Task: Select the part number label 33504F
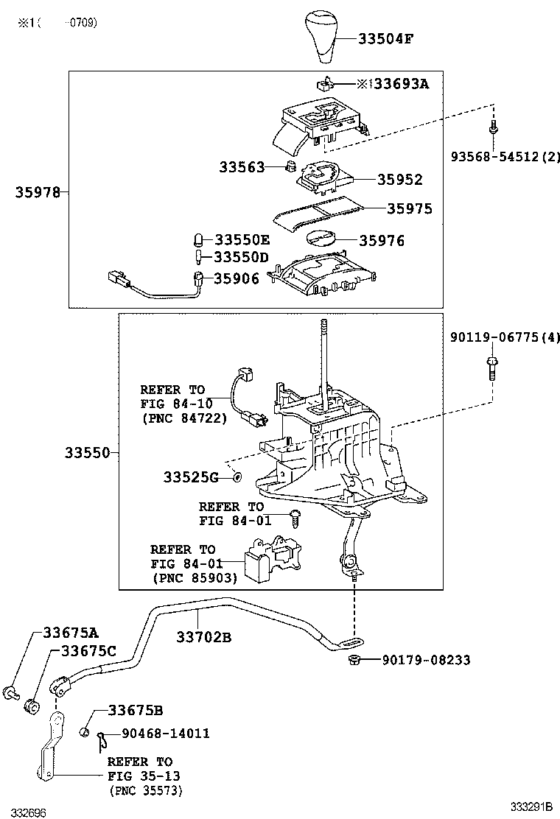(385, 38)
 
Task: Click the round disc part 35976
(321, 239)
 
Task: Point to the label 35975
(410, 208)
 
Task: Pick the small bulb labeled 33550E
(199, 240)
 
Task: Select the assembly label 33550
(85, 452)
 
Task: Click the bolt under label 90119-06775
(491, 366)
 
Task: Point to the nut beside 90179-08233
(354, 659)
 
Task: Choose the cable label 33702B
(203, 636)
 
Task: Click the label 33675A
(70, 632)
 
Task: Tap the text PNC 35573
(146, 790)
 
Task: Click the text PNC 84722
(183, 418)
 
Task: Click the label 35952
(400, 180)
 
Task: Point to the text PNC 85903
(195, 578)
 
